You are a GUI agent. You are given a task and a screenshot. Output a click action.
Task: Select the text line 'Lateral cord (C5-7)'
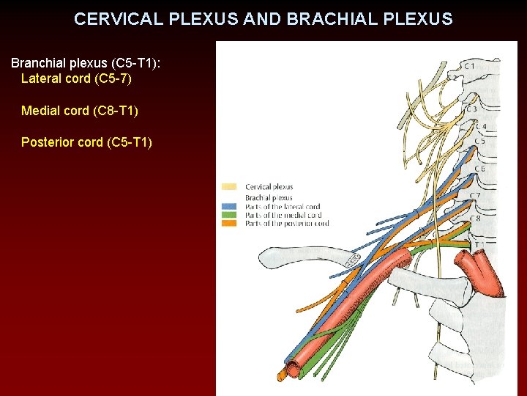[x=76, y=78]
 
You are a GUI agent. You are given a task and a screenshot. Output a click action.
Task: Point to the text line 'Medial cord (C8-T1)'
[x=79, y=111]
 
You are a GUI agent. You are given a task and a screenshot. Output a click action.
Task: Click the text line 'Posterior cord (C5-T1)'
[x=86, y=142]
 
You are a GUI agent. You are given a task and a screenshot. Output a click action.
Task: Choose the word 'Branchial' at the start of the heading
[x=38, y=63]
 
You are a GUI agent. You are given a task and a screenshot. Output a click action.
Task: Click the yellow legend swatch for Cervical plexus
[x=229, y=187]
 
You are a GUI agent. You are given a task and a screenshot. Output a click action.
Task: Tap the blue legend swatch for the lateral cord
[x=229, y=207]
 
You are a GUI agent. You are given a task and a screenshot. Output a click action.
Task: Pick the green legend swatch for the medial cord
[x=229, y=215]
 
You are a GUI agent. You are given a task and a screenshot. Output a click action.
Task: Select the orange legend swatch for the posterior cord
[x=229, y=224]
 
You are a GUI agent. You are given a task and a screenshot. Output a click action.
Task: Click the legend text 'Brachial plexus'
[x=269, y=197]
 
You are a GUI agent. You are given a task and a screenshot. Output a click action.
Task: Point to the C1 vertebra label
[x=468, y=66]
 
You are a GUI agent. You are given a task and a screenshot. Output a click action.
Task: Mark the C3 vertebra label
[x=471, y=109]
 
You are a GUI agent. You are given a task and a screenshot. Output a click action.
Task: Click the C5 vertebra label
[x=479, y=141]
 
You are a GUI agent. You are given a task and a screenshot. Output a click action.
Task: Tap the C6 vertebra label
[x=479, y=169]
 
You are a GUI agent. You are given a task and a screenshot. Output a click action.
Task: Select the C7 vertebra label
[x=476, y=196]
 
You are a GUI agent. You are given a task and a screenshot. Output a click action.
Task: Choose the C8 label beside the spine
[x=476, y=218]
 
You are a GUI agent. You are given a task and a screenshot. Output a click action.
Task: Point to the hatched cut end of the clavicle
[x=352, y=260]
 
